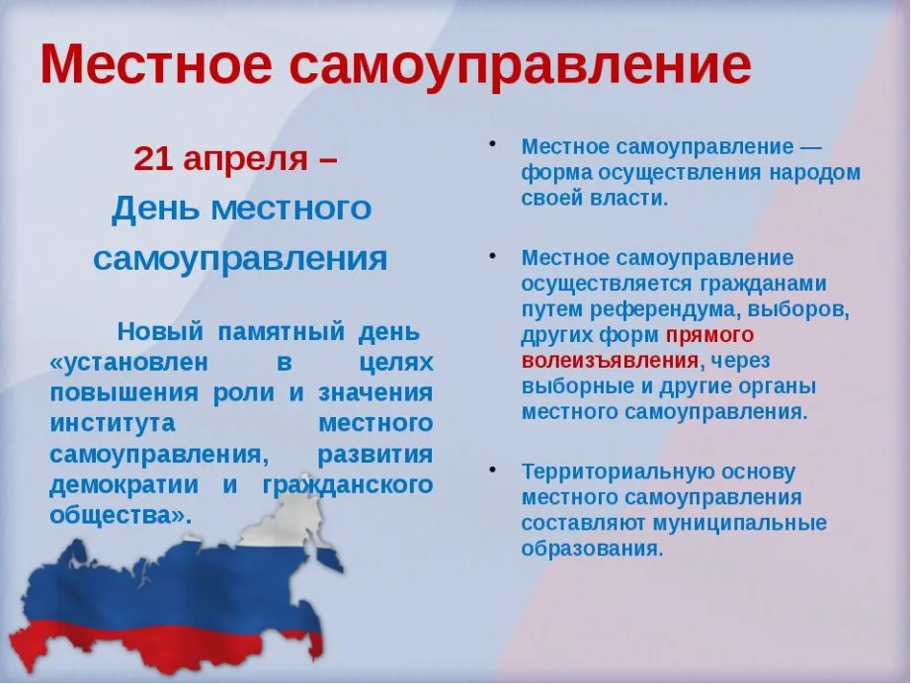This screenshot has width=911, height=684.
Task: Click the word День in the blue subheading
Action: (154, 208)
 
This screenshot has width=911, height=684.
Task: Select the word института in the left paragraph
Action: (112, 423)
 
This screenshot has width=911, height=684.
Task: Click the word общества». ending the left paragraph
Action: (120, 515)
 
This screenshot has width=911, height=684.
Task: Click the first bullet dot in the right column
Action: (491, 143)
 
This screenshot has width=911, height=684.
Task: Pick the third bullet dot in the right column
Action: (491, 469)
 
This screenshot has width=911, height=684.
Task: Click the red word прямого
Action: (709, 334)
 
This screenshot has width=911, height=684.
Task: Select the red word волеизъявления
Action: (611, 360)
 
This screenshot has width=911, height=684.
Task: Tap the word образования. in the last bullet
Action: (592, 549)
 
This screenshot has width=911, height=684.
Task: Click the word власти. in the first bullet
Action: (631, 198)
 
